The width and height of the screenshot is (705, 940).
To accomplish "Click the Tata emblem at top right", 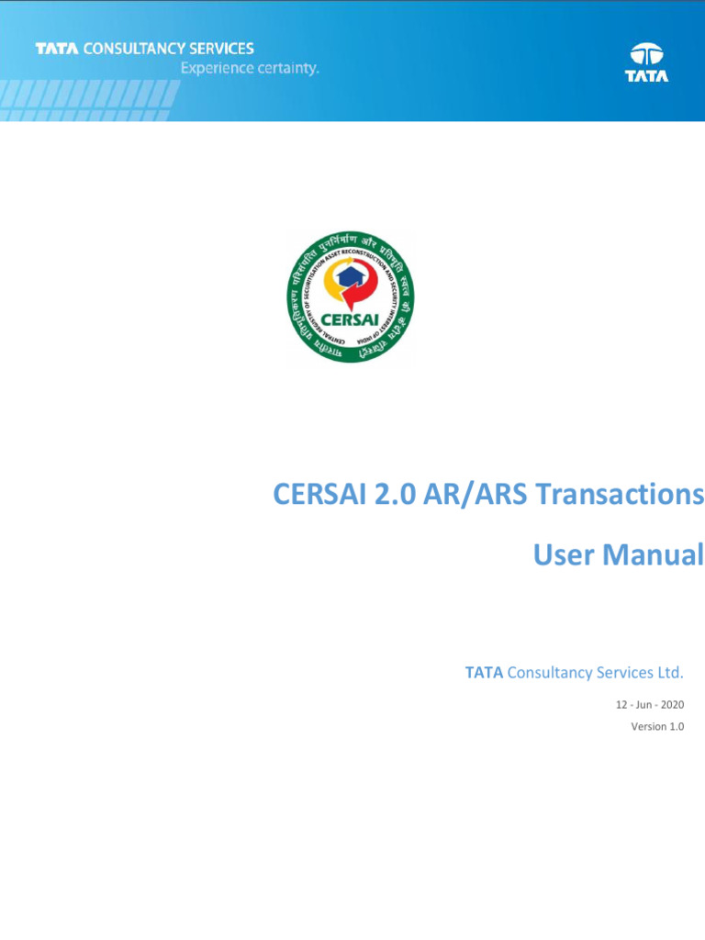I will pyautogui.click(x=647, y=53).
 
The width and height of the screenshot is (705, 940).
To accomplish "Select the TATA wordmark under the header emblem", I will pyautogui.click(x=647, y=76).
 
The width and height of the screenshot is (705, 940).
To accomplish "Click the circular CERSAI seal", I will pyautogui.click(x=351, y=297).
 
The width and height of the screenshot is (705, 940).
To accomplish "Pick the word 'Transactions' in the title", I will pyautogui.click(x=620, y=495).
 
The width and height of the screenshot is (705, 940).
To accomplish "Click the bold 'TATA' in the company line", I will pyautogui.click(x=484, y=673).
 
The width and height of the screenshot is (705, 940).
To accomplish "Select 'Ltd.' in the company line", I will pyautogui.click(x=669, y=673).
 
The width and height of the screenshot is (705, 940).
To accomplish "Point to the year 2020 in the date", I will pyautogui.click(x=672, y=705).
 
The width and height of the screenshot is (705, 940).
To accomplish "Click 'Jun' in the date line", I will pyautogui.click(x=643, y=705).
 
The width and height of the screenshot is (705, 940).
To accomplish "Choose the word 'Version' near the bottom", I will pyautogui.click(x=648, y=727).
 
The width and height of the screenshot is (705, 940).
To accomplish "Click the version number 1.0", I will pyautogui.click(x=677, y=727).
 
